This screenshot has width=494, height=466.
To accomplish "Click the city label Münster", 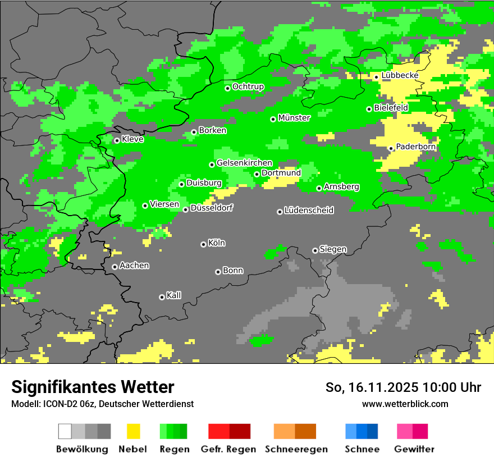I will click(x=294, y=118).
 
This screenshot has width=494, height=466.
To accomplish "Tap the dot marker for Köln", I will click(x=203, y=244).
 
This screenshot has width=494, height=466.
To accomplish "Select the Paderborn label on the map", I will click(x=416, y=147).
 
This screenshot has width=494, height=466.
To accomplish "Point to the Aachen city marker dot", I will click(x=115, y=267).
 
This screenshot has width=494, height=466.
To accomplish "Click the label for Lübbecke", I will click(x=400, y=75).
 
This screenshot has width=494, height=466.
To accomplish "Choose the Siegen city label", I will click(x=333, y=249).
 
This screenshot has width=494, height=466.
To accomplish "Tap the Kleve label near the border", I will click(x=132, y=139).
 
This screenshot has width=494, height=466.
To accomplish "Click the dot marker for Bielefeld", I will click(x=369, y=109).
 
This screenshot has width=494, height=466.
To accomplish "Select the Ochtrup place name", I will click(x=248, y=86).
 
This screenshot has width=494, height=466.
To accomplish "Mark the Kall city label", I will click(x=173, y=295).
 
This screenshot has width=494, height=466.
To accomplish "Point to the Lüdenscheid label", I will click(x=309, y=211).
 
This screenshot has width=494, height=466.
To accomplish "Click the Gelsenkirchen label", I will click(x=244, y=163).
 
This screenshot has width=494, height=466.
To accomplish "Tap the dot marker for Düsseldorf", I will click(x=186, y=209).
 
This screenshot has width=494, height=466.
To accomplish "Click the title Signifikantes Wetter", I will click(x=93, y=387).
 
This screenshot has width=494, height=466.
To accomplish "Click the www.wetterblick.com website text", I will click(x=405, y=404).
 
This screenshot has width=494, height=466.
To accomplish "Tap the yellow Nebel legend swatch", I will click(x=133, y=431).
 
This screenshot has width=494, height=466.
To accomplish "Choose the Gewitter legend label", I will click(x=414, y=449).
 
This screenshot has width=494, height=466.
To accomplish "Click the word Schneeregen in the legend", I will click(x=296, y=449).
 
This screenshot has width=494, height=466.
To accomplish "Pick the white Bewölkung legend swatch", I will click(x=65, y=431).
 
